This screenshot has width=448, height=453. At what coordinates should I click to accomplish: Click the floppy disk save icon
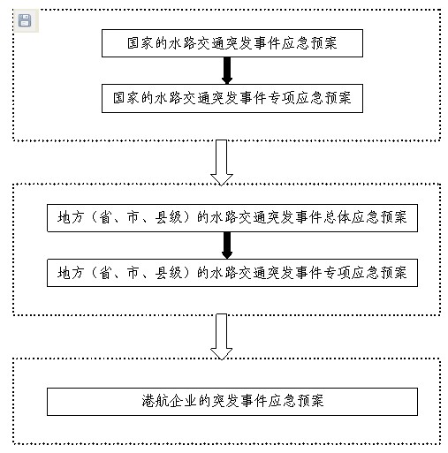pyautogui.click(x=25, y=20)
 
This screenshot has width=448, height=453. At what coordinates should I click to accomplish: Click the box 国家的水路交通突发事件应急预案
pyautogui.click(x=232, y=43)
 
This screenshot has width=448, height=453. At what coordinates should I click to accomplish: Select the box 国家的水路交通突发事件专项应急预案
pyautogui.click(x=232, y=98)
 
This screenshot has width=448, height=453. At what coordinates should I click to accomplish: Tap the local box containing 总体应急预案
pyautogui.click(x=232, y=218)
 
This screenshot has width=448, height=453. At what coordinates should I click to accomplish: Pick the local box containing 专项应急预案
pyautogui.click(x=232, y=273)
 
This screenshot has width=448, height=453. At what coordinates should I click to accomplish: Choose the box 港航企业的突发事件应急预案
pyautogui.click(x=232, y=402)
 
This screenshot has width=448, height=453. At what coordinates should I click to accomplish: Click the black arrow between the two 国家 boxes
pyautogui.click(x=227, y=71)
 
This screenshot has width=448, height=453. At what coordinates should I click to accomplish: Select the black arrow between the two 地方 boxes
pyautogui.click(x=227, y=245)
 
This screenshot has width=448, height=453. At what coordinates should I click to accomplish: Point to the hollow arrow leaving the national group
pyautogui.click(x=222, y=162)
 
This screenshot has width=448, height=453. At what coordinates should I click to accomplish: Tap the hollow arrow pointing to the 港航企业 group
pyautogui.click(x=222, y=336)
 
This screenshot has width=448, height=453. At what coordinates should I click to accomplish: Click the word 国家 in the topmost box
pyautogui.click(x=140, y=43)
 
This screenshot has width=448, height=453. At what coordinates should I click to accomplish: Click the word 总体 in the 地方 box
pyautogui.click(x=337, y=217)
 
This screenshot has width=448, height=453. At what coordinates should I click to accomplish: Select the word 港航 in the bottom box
pyautogui.click(x=155, y=401)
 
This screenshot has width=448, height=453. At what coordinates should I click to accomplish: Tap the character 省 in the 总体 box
pyautogui.click(x=105, y=217)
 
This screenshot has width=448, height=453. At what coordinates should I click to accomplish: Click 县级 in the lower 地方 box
pyautogui.click(x=169, y=273)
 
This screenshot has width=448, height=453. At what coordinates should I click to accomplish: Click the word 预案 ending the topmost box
pyautogui.click(x=324, y=43)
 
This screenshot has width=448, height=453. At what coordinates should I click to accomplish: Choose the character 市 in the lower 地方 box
pyautogui.click(x=133, y=273)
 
